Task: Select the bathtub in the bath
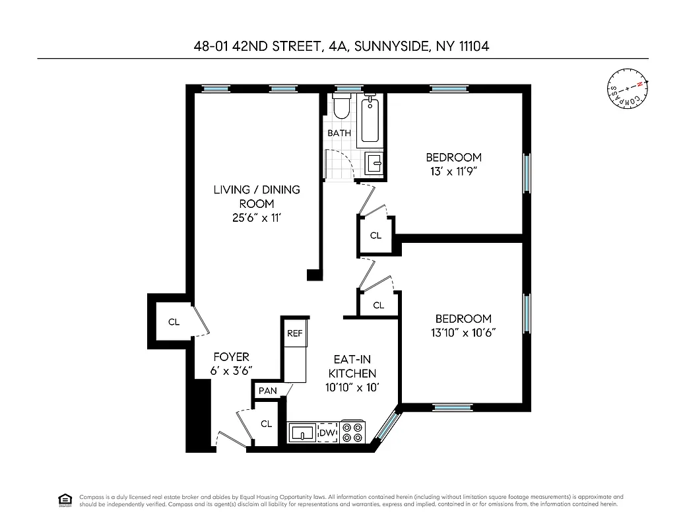coord(370,119)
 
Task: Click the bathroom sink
coord(374,163)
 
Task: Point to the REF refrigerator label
coord(294,333)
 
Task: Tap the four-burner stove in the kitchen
coord(352,432)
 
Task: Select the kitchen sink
coord(303,433)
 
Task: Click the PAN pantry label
coord(267,391)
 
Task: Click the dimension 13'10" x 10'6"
coord(463,333)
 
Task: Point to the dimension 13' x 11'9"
coord(453,172)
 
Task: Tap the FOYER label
coord(231,357)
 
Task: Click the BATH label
coord(339,133)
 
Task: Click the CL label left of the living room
coord(174,322)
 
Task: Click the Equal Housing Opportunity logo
coord(65,499)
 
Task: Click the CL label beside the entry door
coord(266,424)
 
